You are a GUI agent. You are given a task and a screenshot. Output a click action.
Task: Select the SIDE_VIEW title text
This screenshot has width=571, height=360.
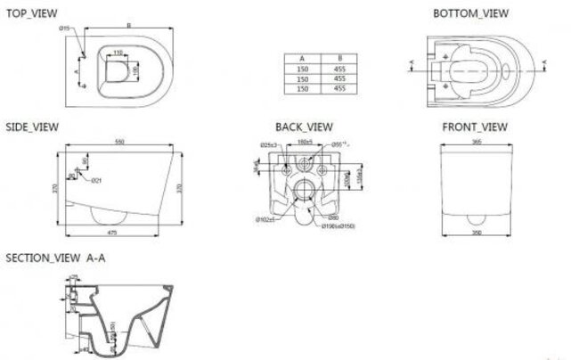pos(29,127)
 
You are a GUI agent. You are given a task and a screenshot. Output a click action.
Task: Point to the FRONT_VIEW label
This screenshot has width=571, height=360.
pos(475,127)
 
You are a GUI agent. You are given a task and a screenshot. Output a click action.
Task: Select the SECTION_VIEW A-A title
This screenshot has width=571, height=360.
pos(53,257)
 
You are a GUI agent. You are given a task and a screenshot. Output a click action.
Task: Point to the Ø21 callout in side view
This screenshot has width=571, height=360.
pos(94,180)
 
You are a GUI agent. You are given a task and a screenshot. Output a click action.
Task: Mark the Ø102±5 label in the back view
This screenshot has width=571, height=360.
pos(263,218)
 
